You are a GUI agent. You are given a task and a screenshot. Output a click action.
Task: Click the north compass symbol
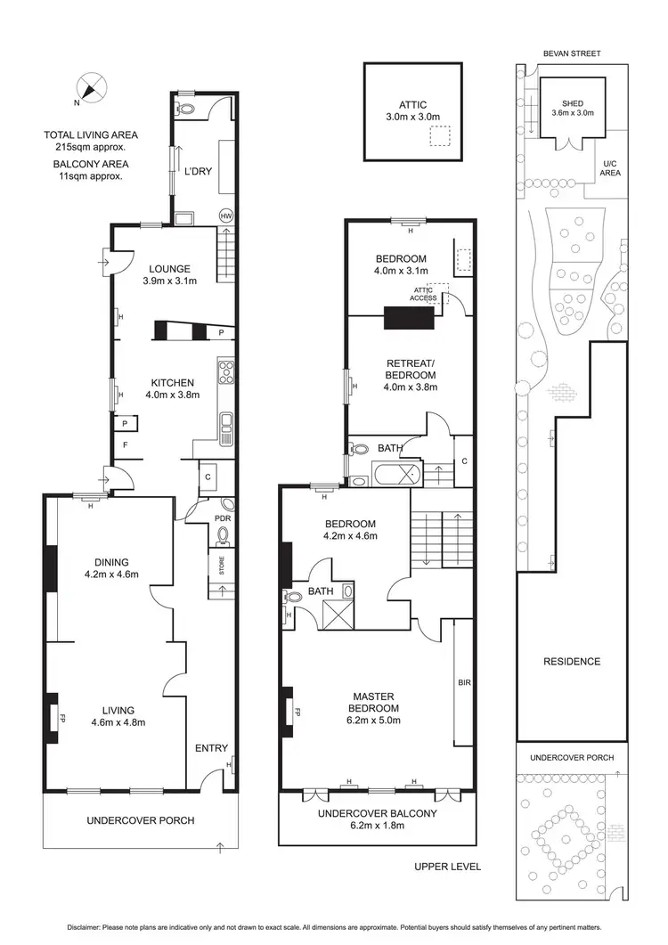92,89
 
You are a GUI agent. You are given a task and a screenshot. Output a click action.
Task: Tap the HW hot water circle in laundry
226,216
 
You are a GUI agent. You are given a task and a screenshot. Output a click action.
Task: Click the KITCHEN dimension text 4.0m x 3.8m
172,395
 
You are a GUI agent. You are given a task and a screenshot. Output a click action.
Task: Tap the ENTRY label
211,748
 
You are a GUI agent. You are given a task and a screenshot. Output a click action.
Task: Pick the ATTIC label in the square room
413,104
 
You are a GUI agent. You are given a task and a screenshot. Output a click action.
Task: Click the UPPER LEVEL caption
447,866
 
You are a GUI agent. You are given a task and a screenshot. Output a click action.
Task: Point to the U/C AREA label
610,167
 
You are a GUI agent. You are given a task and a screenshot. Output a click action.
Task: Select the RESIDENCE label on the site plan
571,662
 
